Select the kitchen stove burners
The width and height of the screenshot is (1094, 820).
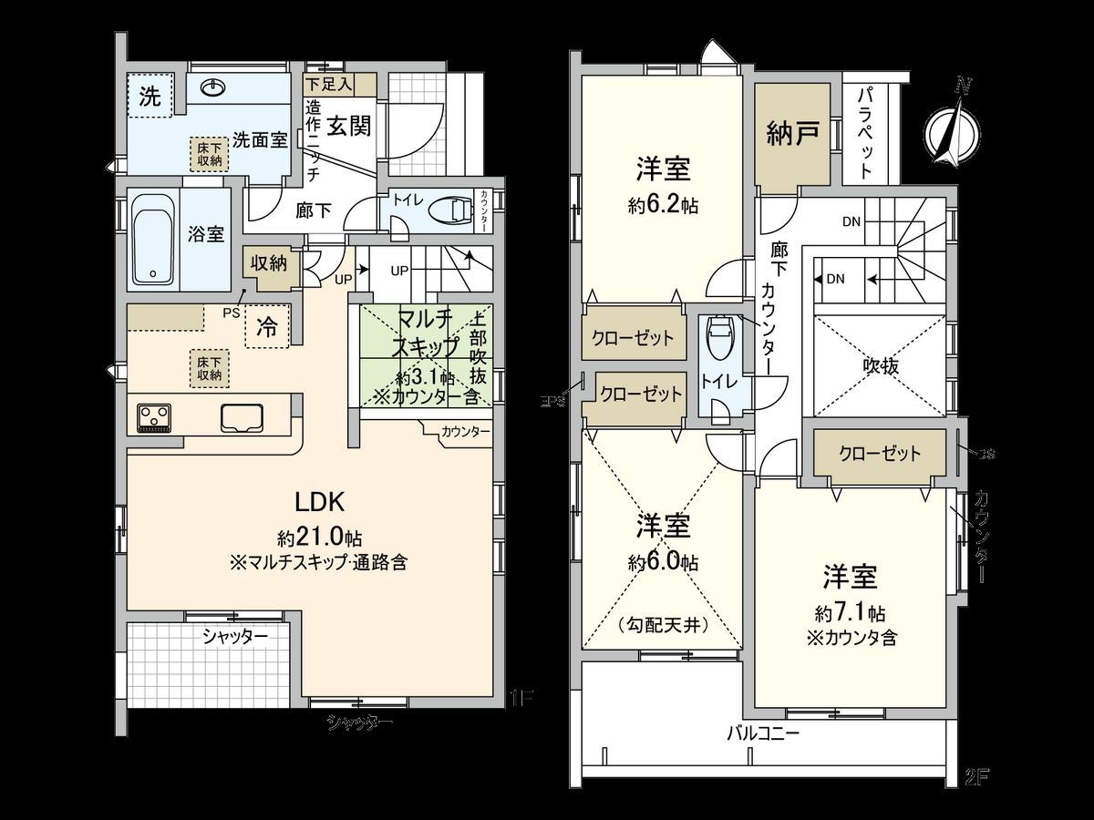click(154, 417)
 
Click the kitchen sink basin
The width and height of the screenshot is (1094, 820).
click(242, 416)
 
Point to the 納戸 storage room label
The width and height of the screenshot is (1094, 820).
click(792, 135)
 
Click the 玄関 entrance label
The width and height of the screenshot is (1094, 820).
click(349, 126)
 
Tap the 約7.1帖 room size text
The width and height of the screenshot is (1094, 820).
click(849, 612)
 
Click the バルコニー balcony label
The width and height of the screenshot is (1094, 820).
click(763, 733)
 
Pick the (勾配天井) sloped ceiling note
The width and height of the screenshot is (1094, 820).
click(662, 626)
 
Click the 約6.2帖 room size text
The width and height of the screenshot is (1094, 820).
click(663, 206)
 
